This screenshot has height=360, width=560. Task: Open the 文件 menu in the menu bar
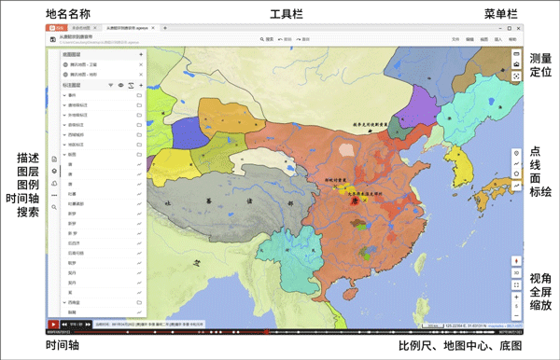pos(455,40)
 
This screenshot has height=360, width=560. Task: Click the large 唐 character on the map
pos(354,199)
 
